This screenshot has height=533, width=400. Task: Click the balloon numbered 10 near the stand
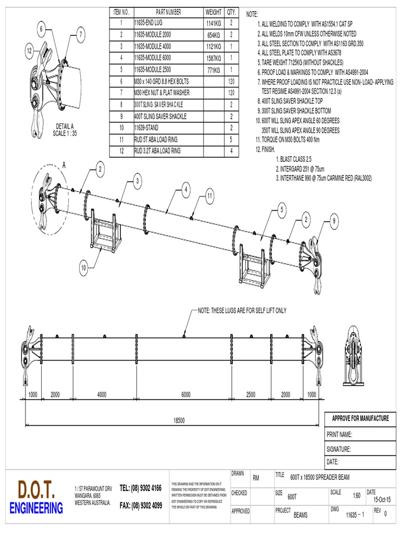click(83, 268)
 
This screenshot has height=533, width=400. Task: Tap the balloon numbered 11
click(210, 196)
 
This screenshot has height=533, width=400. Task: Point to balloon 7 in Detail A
click(81, 35)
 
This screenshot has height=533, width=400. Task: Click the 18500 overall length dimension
click(179, 421)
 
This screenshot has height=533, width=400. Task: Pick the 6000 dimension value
click(186, 394)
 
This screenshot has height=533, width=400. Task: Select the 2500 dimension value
click(251, 394)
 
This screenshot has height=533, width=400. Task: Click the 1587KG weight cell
click(214, 58)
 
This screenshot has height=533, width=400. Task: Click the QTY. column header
click(232, 11)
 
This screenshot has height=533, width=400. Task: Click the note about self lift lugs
click(242, 311)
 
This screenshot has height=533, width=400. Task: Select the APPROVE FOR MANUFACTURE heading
click(360, 418)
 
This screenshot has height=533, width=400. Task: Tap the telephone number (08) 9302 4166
click(141, 488)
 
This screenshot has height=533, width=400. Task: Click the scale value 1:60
click(357, 496)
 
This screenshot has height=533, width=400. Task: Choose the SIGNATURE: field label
click(339, 449)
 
